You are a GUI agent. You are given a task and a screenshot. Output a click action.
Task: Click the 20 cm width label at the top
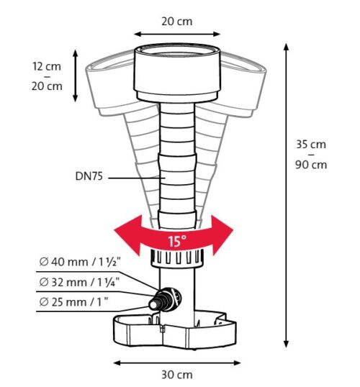pos(176,22)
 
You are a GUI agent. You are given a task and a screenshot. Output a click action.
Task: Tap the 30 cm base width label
pos(177,375)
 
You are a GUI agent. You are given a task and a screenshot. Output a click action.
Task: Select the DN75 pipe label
pos(89,176)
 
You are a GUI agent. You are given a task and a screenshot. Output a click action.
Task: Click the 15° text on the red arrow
pos(177,241)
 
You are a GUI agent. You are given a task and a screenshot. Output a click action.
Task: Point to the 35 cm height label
pos(311,145)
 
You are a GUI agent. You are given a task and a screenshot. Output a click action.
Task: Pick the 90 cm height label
pos(311,165)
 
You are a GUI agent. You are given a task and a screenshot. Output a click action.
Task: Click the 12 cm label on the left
pos(47,66)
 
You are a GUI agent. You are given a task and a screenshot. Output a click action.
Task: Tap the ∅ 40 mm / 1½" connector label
pos(80,262)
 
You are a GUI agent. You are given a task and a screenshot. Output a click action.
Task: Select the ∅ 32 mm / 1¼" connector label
pos(79,282)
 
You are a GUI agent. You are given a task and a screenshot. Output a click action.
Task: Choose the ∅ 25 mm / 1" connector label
pos(73,302)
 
